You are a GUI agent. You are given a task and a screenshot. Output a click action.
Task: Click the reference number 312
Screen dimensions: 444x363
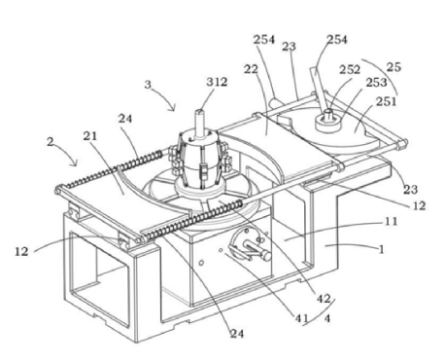(x=217, y=82)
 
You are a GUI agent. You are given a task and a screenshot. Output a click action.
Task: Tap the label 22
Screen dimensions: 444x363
(x=251, y=69)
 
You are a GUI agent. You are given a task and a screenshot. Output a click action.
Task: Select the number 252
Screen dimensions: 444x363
(x=350, y=69)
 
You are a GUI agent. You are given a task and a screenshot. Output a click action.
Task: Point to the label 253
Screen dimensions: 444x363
(x=377, y=83)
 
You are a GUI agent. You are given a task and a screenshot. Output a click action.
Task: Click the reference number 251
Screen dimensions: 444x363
(x=387, y=101)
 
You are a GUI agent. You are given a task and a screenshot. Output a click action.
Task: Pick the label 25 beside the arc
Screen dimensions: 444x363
(x=393, y=67)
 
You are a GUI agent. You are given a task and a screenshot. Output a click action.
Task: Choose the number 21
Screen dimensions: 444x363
(x=90, y=136)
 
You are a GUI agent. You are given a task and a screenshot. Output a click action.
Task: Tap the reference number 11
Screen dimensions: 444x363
(x=391, y=222)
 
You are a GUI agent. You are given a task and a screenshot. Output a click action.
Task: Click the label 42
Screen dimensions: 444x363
(x=324, y=299)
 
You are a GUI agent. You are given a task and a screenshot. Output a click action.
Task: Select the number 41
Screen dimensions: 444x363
(x=301, y=318)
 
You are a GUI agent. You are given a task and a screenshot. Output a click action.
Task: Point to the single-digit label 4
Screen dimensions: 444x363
(x=327, y=319)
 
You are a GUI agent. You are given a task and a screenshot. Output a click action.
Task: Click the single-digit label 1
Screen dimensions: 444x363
(x=382, y=249)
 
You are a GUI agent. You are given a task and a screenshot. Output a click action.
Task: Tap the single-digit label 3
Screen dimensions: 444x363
(x=148, y=85)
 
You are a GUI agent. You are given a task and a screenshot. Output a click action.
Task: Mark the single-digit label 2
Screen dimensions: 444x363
(x=50, y=142)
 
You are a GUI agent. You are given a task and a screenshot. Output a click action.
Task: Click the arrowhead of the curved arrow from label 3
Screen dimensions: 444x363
(x=174, y=108)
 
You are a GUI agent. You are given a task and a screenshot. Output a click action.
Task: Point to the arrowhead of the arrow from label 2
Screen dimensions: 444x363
(x=76, y=163)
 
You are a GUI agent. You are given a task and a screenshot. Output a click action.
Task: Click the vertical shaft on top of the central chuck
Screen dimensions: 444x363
(x=199, y=123)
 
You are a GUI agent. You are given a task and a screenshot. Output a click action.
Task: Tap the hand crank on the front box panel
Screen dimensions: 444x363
(x=251, y=245)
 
